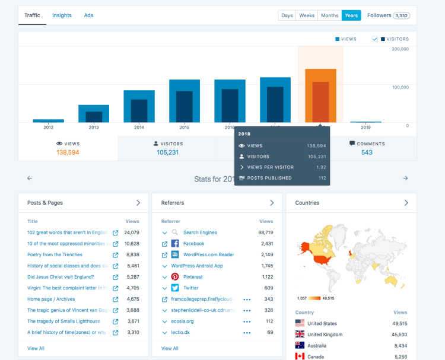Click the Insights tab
pyautogui.click(x=62, y=15)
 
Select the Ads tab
pyautogui.click(x=88, y=15)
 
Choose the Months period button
pyautogui.click(x=329, y=15)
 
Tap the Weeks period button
pyautogui.click(x=307, y=15)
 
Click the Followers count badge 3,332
pyautogui.click(x=398, y=16)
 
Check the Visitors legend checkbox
pyautogui.click(x=375, y=39)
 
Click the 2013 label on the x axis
pyautogui.click(x=94, y=128)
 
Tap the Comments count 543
pyautogui.click(x=367, y=152)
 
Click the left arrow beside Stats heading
pyautogui.click(x=30, y=179)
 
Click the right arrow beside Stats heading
pyautogui.click(x=405, y=179)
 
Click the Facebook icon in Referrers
pyautogui.click(x=175, y=244)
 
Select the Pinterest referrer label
pyautogui.click(x=193, y=277)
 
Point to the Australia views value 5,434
pyautogui.click(x=400, y=346)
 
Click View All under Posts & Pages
pyautogui.click(x=36, y=348)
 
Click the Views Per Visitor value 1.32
pyautogui.click(x=321, y=167)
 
